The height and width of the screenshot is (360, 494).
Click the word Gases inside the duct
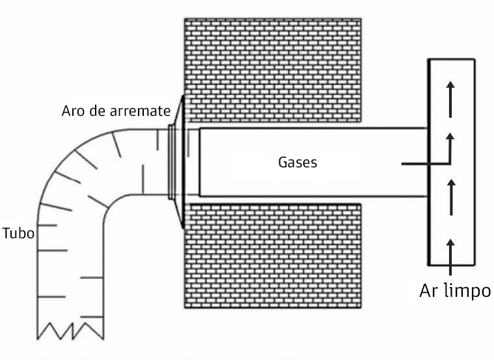(x=297, y=161)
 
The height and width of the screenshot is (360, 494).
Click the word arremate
(x=141, y=110)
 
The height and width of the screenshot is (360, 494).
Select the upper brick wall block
(x=272, y=72)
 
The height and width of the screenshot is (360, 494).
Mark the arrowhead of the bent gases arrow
(x=450, y=137)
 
